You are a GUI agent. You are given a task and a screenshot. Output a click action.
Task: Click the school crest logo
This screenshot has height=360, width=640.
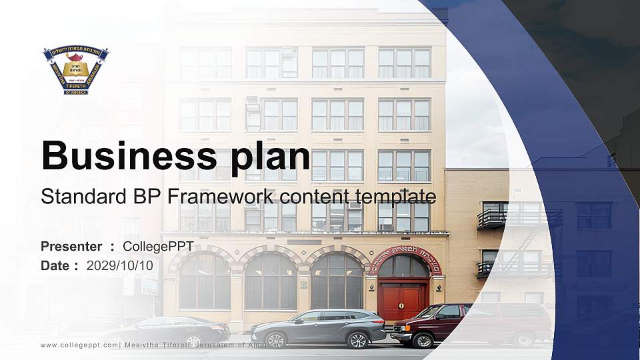click(75, 69)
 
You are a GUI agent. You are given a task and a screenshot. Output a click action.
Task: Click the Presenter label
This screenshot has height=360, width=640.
click(71, 247)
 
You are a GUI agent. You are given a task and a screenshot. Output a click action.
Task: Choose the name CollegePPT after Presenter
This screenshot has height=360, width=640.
click(158, 247)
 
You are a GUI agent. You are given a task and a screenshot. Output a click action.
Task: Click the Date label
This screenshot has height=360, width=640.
click(55, 265)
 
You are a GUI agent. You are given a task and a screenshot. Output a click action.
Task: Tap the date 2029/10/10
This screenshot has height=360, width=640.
click(120, 265)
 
